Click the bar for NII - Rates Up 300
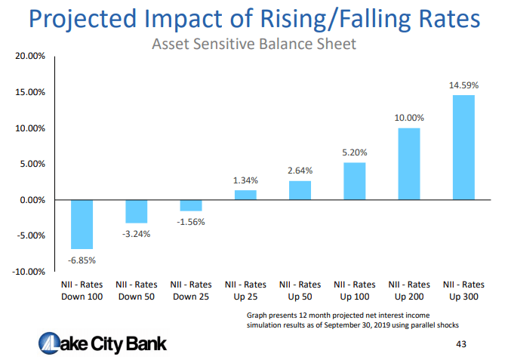pos(463,147)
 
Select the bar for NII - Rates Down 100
pos(82,224)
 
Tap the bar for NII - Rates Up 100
pos(354,181)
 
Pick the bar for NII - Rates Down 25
pos(191,205)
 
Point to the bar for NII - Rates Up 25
pos(245,195)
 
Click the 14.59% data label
pos(463,85)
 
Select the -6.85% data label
pos(82,260)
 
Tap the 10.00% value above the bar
pos(409,118)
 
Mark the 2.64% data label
pos(300,171)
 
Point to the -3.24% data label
pos(137,234)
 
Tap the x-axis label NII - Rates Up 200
pos(409,291)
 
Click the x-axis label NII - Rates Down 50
pos(137,291)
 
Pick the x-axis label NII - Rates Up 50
pos(300,291)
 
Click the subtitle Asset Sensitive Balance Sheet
pos(254,44)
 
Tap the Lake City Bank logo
pos(103,343)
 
